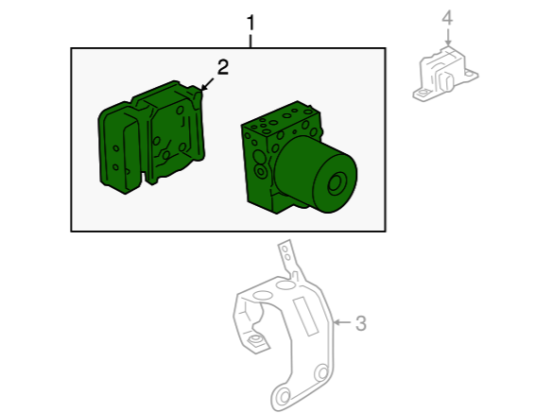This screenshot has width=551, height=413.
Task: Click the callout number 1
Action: (250, 23)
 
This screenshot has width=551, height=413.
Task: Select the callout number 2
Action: (223, 67)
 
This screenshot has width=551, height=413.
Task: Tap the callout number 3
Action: (361, 323)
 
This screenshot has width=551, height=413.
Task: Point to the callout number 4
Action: (447, 18)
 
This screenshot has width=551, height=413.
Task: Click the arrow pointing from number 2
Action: (207, 84)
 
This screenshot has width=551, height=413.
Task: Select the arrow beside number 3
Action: (341, 322)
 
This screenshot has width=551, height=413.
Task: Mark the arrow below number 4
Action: (448, 37)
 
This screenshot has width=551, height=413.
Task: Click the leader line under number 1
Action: (250, 41)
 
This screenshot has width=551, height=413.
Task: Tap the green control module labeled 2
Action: (151, 137)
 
